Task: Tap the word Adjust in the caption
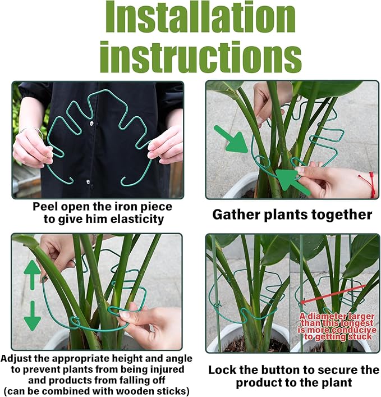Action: coord(19,358)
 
